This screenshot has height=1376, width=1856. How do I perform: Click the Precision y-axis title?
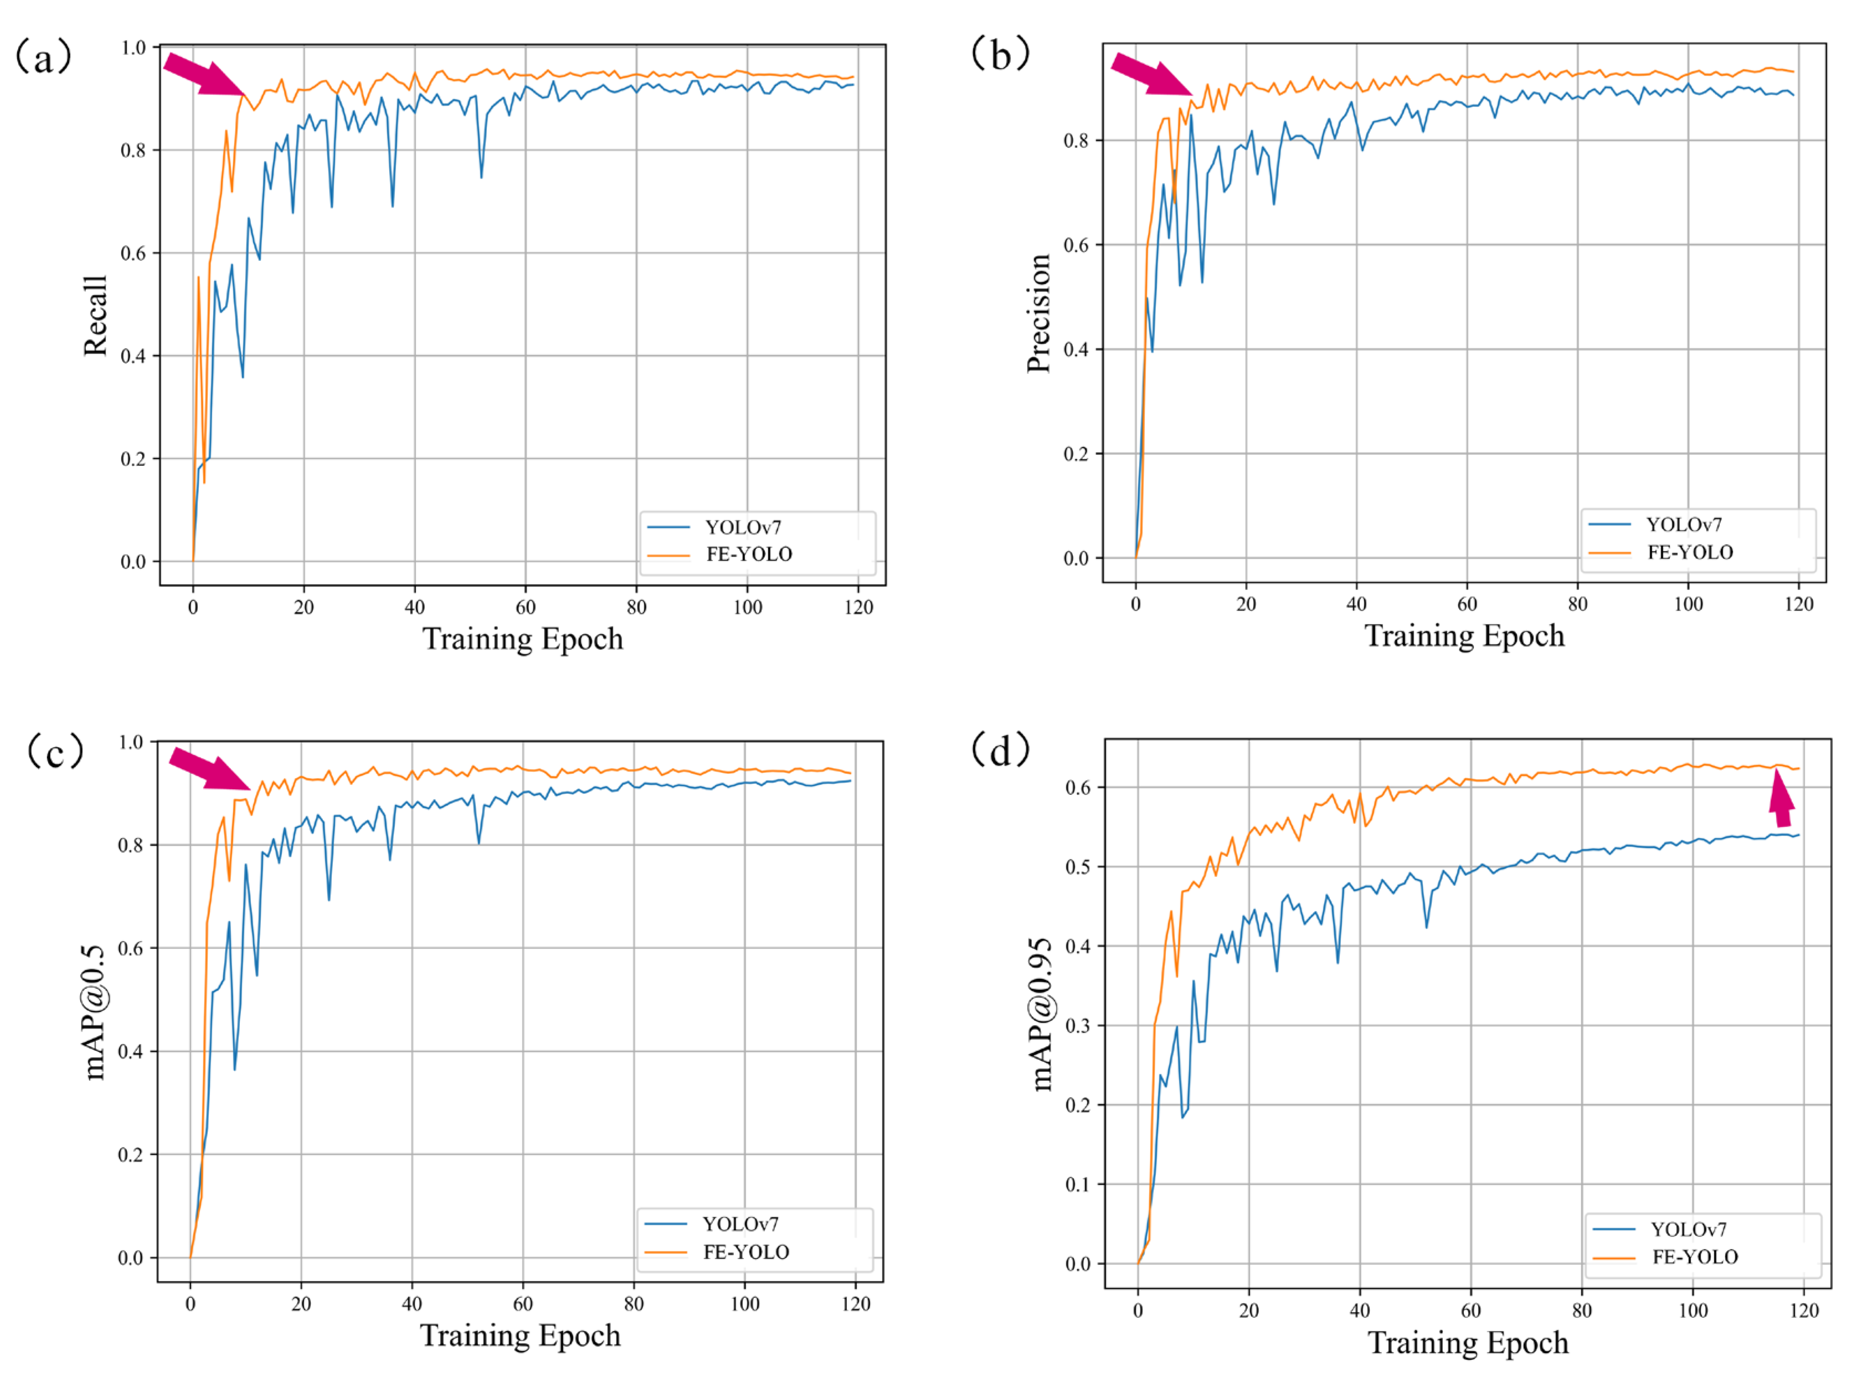coord(1038,313)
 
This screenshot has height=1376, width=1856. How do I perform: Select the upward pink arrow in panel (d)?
coord(1782,799)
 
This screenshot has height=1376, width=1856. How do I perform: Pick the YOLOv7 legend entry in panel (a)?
coord(741,527)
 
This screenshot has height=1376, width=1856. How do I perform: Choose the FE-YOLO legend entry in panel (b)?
coord(1689,552)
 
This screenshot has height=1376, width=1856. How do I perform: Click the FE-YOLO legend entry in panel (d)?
coord(1694,1257)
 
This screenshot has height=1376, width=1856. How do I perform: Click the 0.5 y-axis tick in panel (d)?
coord(1078,867)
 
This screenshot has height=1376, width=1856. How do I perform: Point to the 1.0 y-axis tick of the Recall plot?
coord(133,48)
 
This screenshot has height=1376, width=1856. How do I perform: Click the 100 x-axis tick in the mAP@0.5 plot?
coord(744,1305)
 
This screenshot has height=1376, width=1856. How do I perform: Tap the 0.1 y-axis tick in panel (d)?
coord(1078,1184)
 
